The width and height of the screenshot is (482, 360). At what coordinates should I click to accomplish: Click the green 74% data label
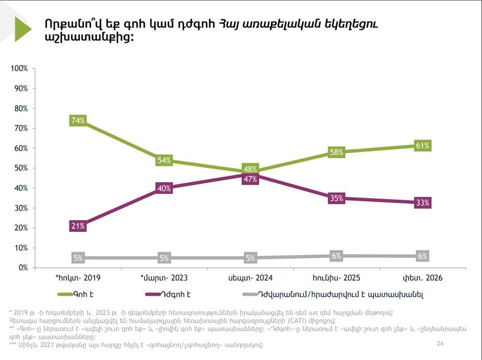click(x=78, y=121)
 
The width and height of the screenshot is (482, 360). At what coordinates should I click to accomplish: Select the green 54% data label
click(x=164, y=161)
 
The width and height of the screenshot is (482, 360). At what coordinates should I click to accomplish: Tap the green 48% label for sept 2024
click(x=250, y=169)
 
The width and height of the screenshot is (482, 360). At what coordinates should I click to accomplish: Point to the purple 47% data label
click(x=250, y=179)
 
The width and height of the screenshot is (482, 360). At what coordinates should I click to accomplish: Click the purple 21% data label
click(x=78, y=226)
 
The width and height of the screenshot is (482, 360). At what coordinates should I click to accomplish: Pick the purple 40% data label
click(x=164, y=188)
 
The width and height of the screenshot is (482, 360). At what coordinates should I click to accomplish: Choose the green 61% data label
click(x=422, y=146)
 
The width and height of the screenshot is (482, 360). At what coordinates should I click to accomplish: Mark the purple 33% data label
click(x=422, y=202)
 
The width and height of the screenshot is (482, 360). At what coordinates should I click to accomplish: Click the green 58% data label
click(x=336, y=152)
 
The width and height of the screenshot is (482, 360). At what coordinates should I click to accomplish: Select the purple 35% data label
click(x=336, y=198)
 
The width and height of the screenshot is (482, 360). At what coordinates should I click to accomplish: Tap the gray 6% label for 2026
click(x=422, y=256)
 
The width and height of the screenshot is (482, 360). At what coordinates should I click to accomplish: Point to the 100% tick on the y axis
click(x=19, y=69)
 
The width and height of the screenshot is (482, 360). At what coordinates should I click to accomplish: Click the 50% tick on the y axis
click(x=21, y=168)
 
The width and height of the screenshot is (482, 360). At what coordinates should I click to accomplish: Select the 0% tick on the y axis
click(x=22, y=268)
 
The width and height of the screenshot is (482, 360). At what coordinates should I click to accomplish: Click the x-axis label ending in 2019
click(x=78, y=278)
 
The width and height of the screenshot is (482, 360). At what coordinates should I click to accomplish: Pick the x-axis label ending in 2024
click(x=250, y=278)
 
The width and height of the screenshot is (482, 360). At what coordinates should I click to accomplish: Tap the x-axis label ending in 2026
click(x=422, y=278)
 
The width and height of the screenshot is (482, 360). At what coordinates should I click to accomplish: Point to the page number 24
click(x=440, y=343)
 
